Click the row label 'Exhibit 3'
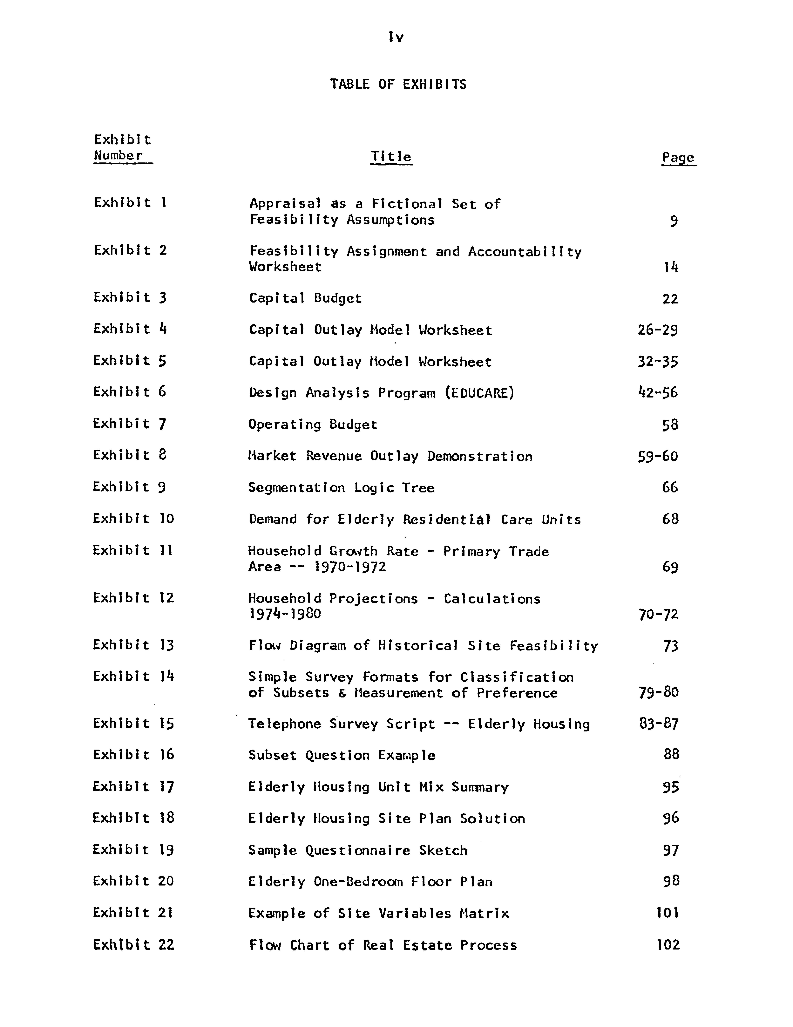tap(130, 298)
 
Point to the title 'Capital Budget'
tap(305, 299)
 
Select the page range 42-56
tap(657, 393)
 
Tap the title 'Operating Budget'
tap(313, 425)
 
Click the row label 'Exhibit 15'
tap(133, 723)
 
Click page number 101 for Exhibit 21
tap(667, 913)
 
